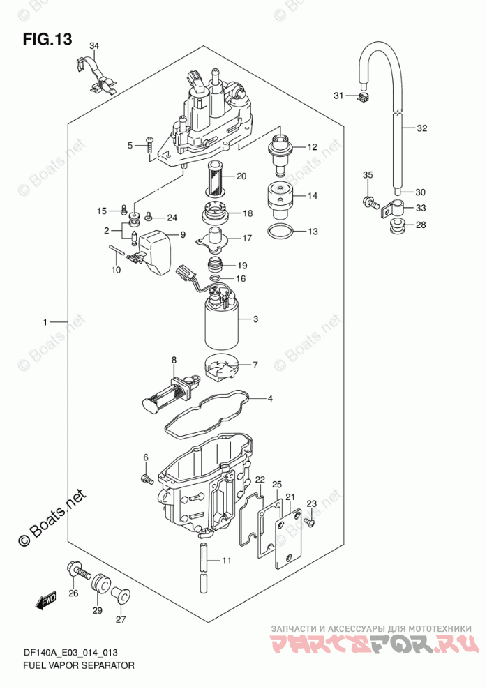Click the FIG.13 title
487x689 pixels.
tap(47, 39)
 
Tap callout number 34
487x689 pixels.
tap(94, 46)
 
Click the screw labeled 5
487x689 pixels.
tap(150, 146)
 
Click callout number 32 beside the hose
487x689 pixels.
tap(421, 128)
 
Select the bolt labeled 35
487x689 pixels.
tap(370, 202)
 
